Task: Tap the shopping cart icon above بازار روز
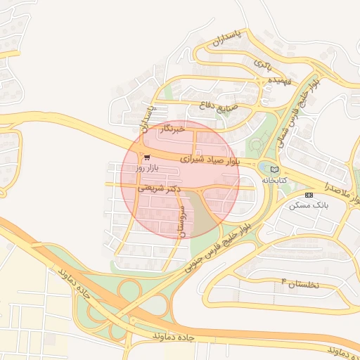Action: coord(146,157)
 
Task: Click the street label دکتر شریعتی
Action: coord(159,188)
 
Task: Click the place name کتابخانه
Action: coord(275,181)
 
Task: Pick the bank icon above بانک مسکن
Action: coord(309,194)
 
